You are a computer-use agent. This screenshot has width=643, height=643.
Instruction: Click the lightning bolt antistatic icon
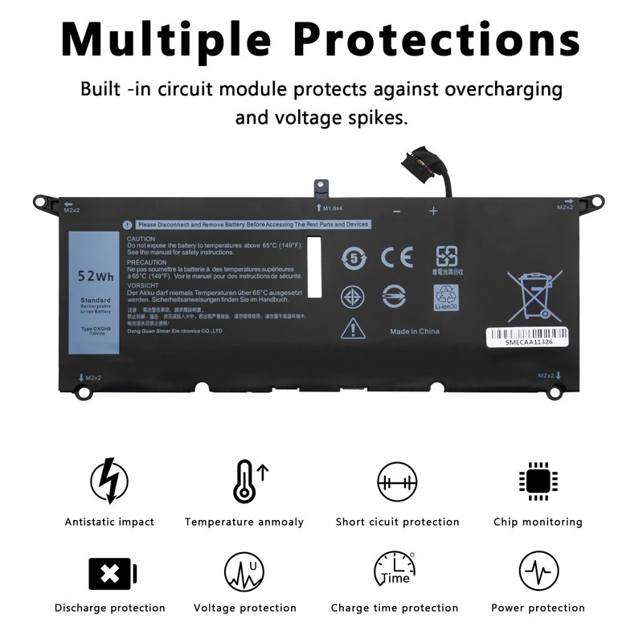109,481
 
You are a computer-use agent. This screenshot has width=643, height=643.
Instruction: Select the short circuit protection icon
397,481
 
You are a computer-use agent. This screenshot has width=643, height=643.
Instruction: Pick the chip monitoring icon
538,481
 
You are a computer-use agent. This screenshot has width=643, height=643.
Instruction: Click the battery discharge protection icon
112,573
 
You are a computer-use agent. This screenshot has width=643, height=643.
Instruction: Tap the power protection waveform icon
538,571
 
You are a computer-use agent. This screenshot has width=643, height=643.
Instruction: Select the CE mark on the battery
396,257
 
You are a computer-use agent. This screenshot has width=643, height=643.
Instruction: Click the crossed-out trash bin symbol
534,295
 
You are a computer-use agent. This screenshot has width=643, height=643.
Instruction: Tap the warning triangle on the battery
353,328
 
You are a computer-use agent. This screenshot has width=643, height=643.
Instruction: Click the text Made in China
414,331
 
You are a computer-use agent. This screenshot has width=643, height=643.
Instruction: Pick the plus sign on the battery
433,211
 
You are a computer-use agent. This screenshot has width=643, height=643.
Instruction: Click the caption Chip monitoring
538,522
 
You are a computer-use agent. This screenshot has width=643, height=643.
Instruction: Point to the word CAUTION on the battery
141,239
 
